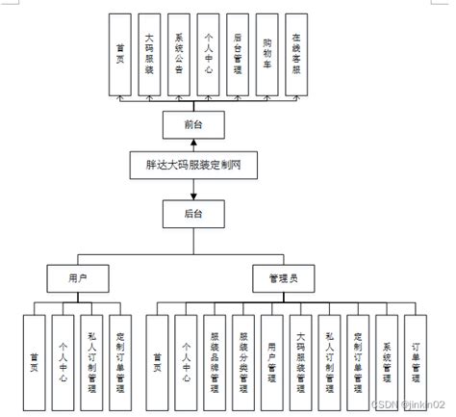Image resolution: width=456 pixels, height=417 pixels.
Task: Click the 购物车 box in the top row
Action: tap(269, 54)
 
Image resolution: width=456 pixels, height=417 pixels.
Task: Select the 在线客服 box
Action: tap(298, 54)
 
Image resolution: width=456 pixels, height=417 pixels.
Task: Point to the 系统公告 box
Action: tap(180, 54)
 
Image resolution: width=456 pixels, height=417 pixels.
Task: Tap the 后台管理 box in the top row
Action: tap(240, 54)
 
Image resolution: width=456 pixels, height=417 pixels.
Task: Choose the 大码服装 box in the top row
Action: tap(149, 54)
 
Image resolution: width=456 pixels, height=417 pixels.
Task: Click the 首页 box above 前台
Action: tap(119, 54)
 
